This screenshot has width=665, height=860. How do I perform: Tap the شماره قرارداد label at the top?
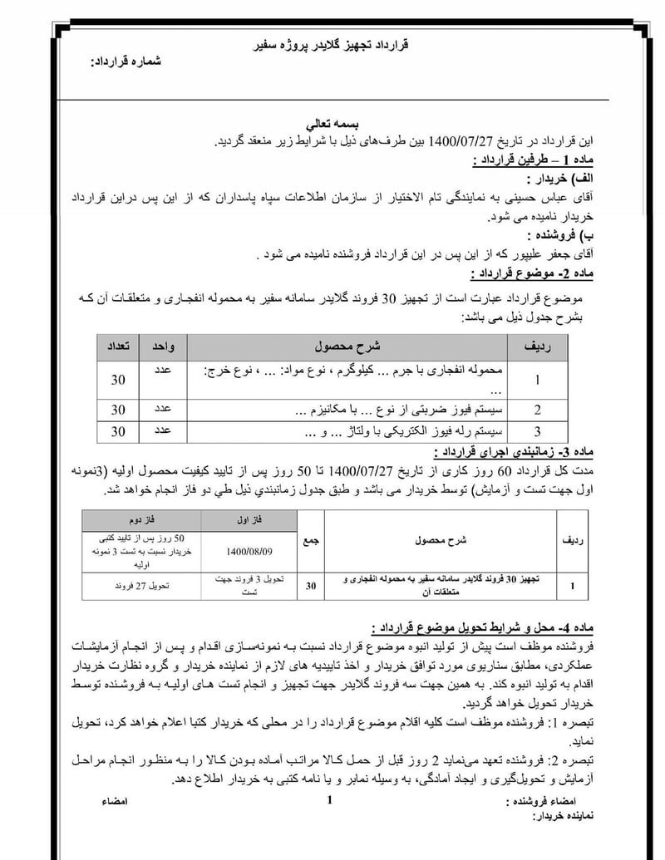click(x=125, y=62)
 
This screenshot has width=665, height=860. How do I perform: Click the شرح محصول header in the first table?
click(x=347, y=345)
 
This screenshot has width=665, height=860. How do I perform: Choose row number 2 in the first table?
click(x=537, y=410)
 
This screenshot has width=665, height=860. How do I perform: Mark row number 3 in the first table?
click(x=537, y=431)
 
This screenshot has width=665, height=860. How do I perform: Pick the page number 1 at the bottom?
click(x=330, y=800)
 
